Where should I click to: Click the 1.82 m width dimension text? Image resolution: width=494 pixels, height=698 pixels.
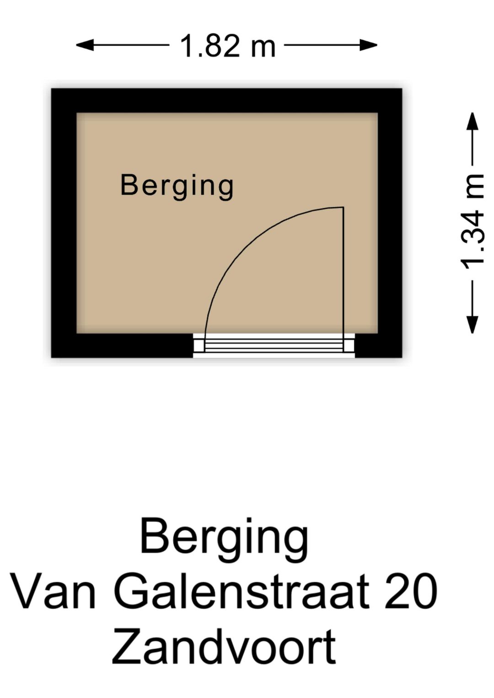(228, 46)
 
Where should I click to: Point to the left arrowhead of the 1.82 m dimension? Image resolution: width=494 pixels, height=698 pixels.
(85, 45)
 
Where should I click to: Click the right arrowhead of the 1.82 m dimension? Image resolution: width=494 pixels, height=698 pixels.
(368, 45)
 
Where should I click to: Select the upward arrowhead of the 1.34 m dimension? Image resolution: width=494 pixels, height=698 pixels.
(473, 122)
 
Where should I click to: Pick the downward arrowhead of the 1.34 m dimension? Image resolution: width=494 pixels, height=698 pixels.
(473, 325)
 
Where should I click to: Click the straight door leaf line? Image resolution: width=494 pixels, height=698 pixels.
(344, 279)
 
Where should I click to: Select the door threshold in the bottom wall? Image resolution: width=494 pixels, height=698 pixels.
(274, 345)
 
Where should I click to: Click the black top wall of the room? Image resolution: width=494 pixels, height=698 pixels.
(227, 101)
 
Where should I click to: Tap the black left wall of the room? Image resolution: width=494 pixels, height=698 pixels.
(64, 223)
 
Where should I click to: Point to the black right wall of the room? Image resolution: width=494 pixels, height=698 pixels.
(390, 223)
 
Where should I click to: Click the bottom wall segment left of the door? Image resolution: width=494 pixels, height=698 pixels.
(122, 346)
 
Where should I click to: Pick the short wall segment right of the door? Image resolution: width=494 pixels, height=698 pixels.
(379, 346)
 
